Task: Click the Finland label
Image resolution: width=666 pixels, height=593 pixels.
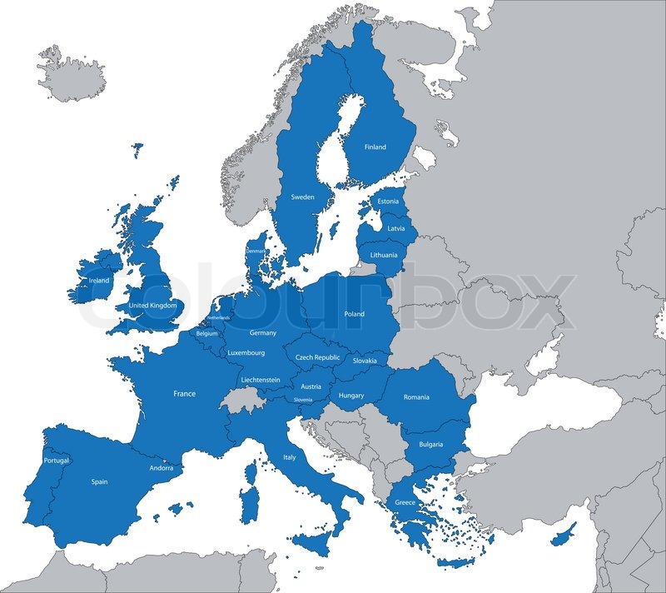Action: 375,147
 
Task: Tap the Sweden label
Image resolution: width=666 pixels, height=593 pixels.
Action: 302,197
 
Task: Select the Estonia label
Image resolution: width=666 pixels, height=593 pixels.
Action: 388,202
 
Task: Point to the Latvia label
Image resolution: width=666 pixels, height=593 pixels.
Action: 396,228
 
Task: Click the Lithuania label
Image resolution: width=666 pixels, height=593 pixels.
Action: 384,255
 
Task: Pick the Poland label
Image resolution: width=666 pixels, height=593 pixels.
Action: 354,314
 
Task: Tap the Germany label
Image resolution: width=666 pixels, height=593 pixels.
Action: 263,333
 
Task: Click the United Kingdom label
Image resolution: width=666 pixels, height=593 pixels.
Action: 153,306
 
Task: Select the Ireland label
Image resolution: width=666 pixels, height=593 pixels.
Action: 98,281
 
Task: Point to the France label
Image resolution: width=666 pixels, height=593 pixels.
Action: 184,393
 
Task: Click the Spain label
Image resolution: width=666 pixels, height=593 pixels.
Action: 99,481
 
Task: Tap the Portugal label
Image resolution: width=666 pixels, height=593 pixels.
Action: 57,461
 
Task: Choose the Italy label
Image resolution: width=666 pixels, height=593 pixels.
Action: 290,457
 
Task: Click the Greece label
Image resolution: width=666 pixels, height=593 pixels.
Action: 405,502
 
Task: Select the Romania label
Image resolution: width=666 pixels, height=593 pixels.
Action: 416,397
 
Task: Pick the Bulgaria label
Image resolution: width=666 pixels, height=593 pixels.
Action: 430,445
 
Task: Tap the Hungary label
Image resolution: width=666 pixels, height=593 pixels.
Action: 352,396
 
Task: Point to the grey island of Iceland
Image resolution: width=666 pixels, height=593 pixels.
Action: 74,74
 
